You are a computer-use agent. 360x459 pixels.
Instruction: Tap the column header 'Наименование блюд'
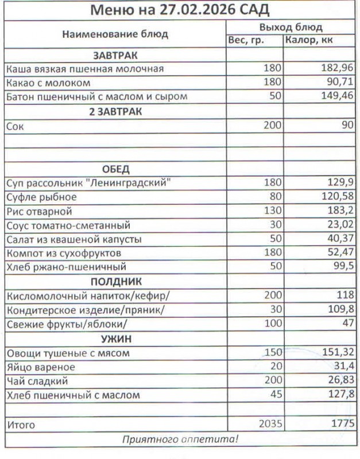115,34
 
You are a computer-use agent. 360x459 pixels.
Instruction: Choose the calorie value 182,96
337,69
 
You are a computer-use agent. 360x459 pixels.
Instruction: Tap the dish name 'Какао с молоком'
45,83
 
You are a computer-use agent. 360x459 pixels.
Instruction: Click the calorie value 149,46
337,96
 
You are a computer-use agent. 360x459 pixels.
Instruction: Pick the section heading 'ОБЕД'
115,169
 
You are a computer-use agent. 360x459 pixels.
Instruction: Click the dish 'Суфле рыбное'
41,197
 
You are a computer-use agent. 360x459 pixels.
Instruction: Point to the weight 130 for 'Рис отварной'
273,211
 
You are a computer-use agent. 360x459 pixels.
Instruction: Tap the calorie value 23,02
339,225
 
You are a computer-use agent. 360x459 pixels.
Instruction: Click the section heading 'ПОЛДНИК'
115,282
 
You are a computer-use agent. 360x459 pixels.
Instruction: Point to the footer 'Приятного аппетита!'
180,440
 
